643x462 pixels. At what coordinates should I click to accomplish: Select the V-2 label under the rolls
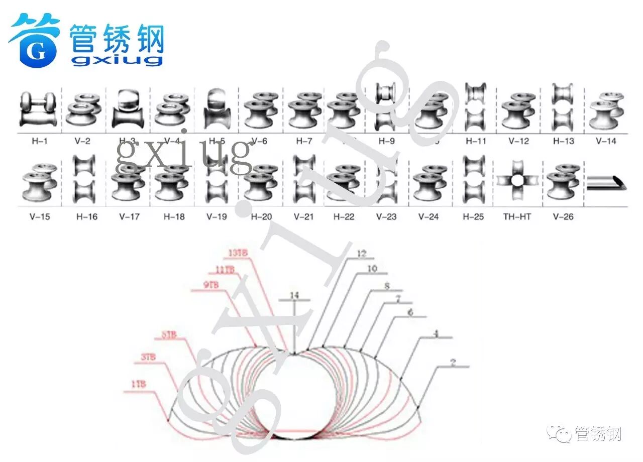click(82, 141)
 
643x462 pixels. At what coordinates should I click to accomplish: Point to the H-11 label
click(476, 141)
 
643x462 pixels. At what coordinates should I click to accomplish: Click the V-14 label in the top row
click(606, 141)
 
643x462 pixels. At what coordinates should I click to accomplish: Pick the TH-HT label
click(517, 217)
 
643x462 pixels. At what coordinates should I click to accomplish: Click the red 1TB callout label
click(139, 385)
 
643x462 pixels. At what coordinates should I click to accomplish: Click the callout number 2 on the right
click(453, 363)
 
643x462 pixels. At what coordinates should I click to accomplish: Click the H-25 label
click(473, 217)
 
